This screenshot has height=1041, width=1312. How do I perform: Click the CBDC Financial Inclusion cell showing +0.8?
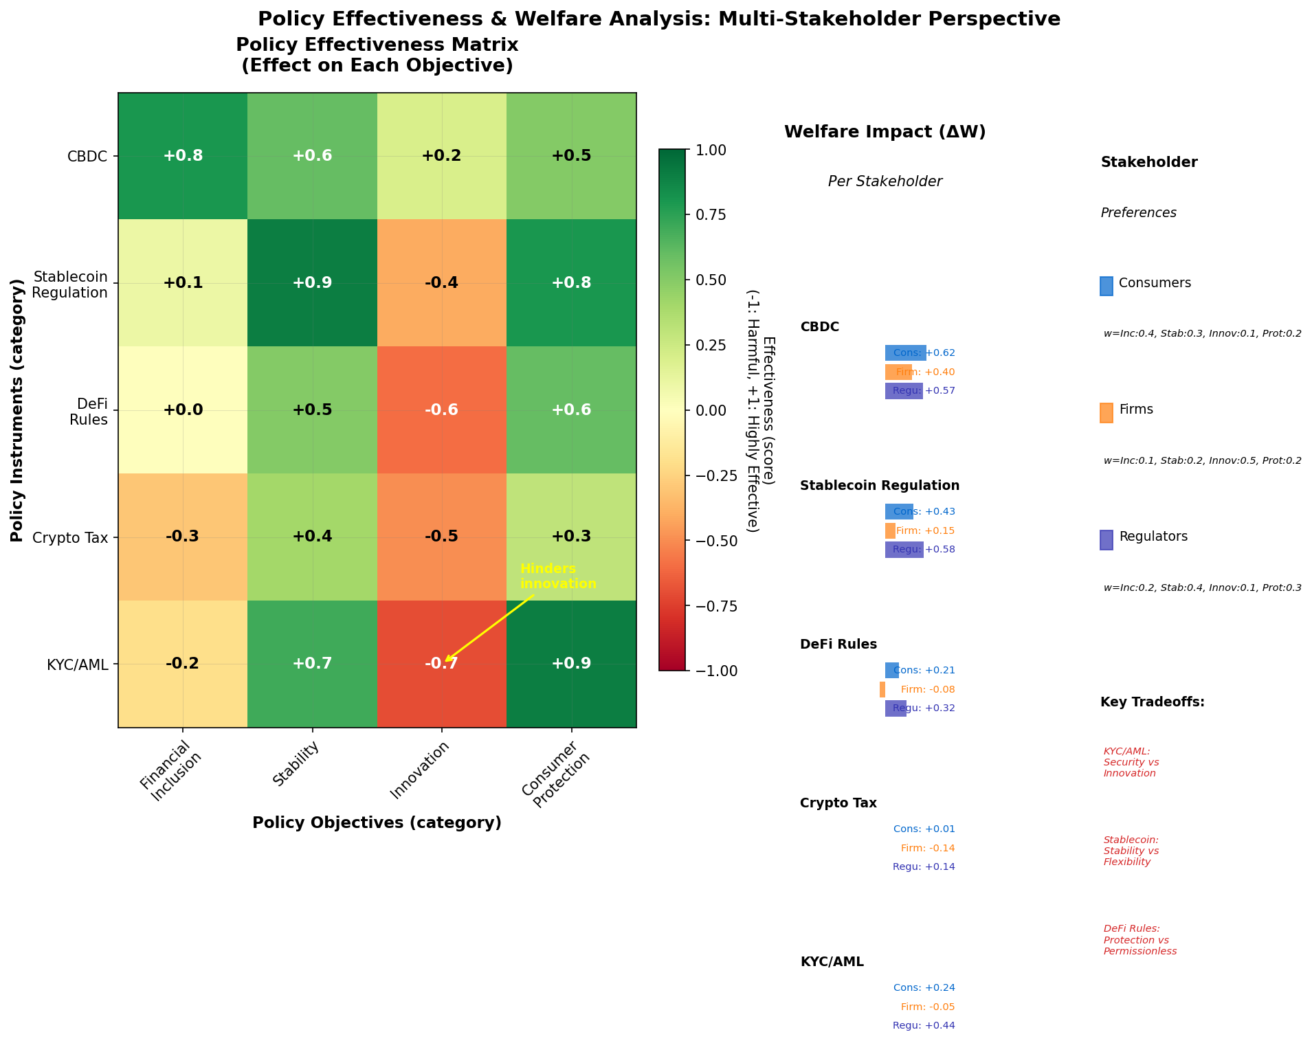coord(183,156)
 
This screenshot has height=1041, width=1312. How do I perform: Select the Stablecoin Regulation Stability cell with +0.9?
coord(312,283)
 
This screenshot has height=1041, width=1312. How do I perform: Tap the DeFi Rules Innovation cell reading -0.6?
coord(442,410)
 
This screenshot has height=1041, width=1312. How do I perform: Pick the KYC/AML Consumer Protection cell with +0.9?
coord(571,664)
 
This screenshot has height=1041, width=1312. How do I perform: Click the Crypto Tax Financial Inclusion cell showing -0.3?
coord(183,537)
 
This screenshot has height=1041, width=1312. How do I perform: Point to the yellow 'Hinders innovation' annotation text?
coord(558,577)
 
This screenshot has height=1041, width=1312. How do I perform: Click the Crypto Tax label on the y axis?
coord(69,537)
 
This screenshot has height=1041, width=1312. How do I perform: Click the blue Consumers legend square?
coord(1106,286)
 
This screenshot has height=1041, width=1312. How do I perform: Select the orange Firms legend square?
coord(1106,412)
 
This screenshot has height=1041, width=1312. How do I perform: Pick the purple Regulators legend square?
coord(1106,539)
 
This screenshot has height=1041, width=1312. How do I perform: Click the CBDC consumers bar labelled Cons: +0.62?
coord(905,353)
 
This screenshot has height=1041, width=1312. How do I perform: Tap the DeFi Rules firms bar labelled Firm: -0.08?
coord(882,689)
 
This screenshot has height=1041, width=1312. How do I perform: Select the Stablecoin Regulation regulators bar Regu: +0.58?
coord(904,550)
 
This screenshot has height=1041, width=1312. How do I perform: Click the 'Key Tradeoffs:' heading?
coord(1152,702)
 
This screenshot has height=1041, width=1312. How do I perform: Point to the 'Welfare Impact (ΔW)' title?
coord(885,132)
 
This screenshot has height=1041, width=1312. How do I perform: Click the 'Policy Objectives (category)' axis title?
coord(377,823)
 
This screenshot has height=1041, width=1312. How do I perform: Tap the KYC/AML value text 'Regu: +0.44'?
coord(924,1026)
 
